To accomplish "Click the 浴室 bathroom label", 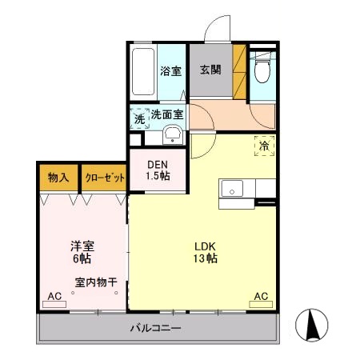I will pos(169,70).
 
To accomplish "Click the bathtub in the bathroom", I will pos(144,73).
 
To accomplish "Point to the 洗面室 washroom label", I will pos(166,114).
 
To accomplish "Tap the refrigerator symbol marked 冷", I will pos(263,146).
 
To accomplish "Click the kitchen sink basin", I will pos(233,189).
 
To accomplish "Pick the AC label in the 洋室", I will pos(54,297).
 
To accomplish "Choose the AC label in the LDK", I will pos(261,297).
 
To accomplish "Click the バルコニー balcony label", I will pos(156,328).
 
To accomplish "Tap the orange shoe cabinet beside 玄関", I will pos(238,71).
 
